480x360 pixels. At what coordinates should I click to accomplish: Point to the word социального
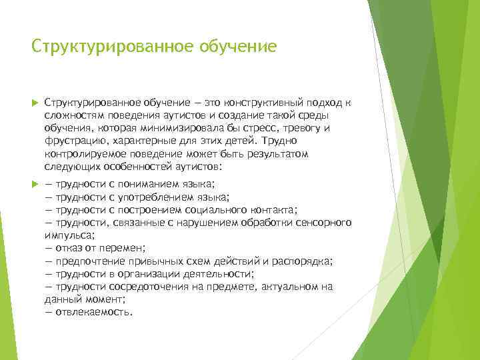coord(212,210)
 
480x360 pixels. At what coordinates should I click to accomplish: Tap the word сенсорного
coord(323,223)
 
